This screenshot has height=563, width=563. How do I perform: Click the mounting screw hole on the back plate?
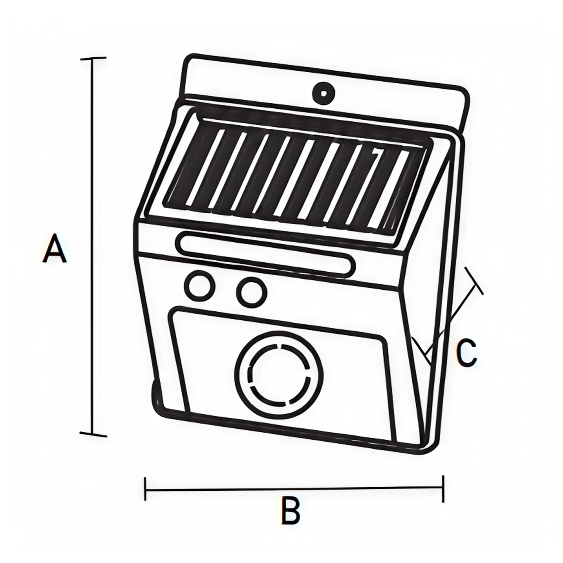click(x=323, y=93)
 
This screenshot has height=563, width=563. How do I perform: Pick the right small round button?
click(x=251, y=292)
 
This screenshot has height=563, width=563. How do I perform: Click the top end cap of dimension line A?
click(x=93, y=59)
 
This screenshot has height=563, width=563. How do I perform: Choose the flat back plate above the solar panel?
click(x=262, y=79)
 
